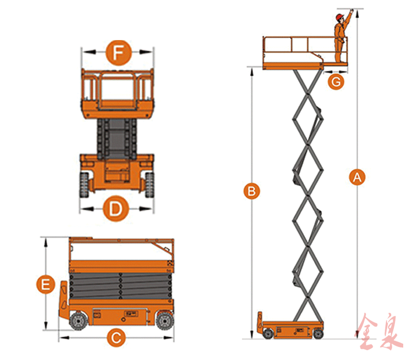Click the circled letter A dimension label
click(x=357, y=177)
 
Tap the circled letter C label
click(x=115, y=337)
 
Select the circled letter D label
click(x=115, y=209)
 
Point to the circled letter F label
click(x=117, y=53)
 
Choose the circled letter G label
click(x=335, y=81)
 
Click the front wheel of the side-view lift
click(x=78, y=322)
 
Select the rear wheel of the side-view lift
click(x=164, y=322)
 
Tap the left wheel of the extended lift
click(x=269, y=333)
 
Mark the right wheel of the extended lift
click(x=318, y=333)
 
